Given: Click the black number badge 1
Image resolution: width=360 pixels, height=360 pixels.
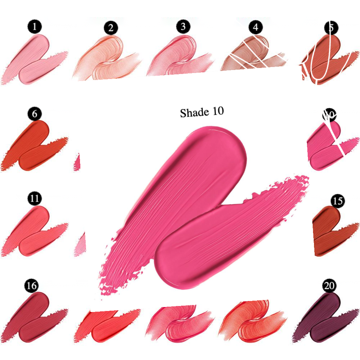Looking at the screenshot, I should [x=35, y=27].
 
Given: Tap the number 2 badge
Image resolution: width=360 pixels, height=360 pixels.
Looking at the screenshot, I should [x=111, y=28].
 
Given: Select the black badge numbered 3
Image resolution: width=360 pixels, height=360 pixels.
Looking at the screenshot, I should [x=183, y=27].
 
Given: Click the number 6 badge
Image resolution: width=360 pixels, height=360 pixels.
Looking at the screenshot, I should [x=35, y=114].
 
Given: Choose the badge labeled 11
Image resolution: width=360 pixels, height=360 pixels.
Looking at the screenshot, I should [x=35, y=199].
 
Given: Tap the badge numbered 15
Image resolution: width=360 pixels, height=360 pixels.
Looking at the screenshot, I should [x=338, y=201].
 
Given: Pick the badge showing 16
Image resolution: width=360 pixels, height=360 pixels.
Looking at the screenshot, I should [x=31, y=285].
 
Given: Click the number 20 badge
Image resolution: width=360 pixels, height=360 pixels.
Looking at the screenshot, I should [x=330, y=286].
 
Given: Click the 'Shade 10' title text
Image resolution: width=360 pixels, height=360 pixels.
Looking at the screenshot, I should [x=202, y=112].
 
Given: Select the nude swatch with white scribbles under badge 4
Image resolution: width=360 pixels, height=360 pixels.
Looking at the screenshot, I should [x=253, y=53].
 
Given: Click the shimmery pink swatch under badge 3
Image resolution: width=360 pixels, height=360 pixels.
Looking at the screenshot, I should [x=180, y=57].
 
